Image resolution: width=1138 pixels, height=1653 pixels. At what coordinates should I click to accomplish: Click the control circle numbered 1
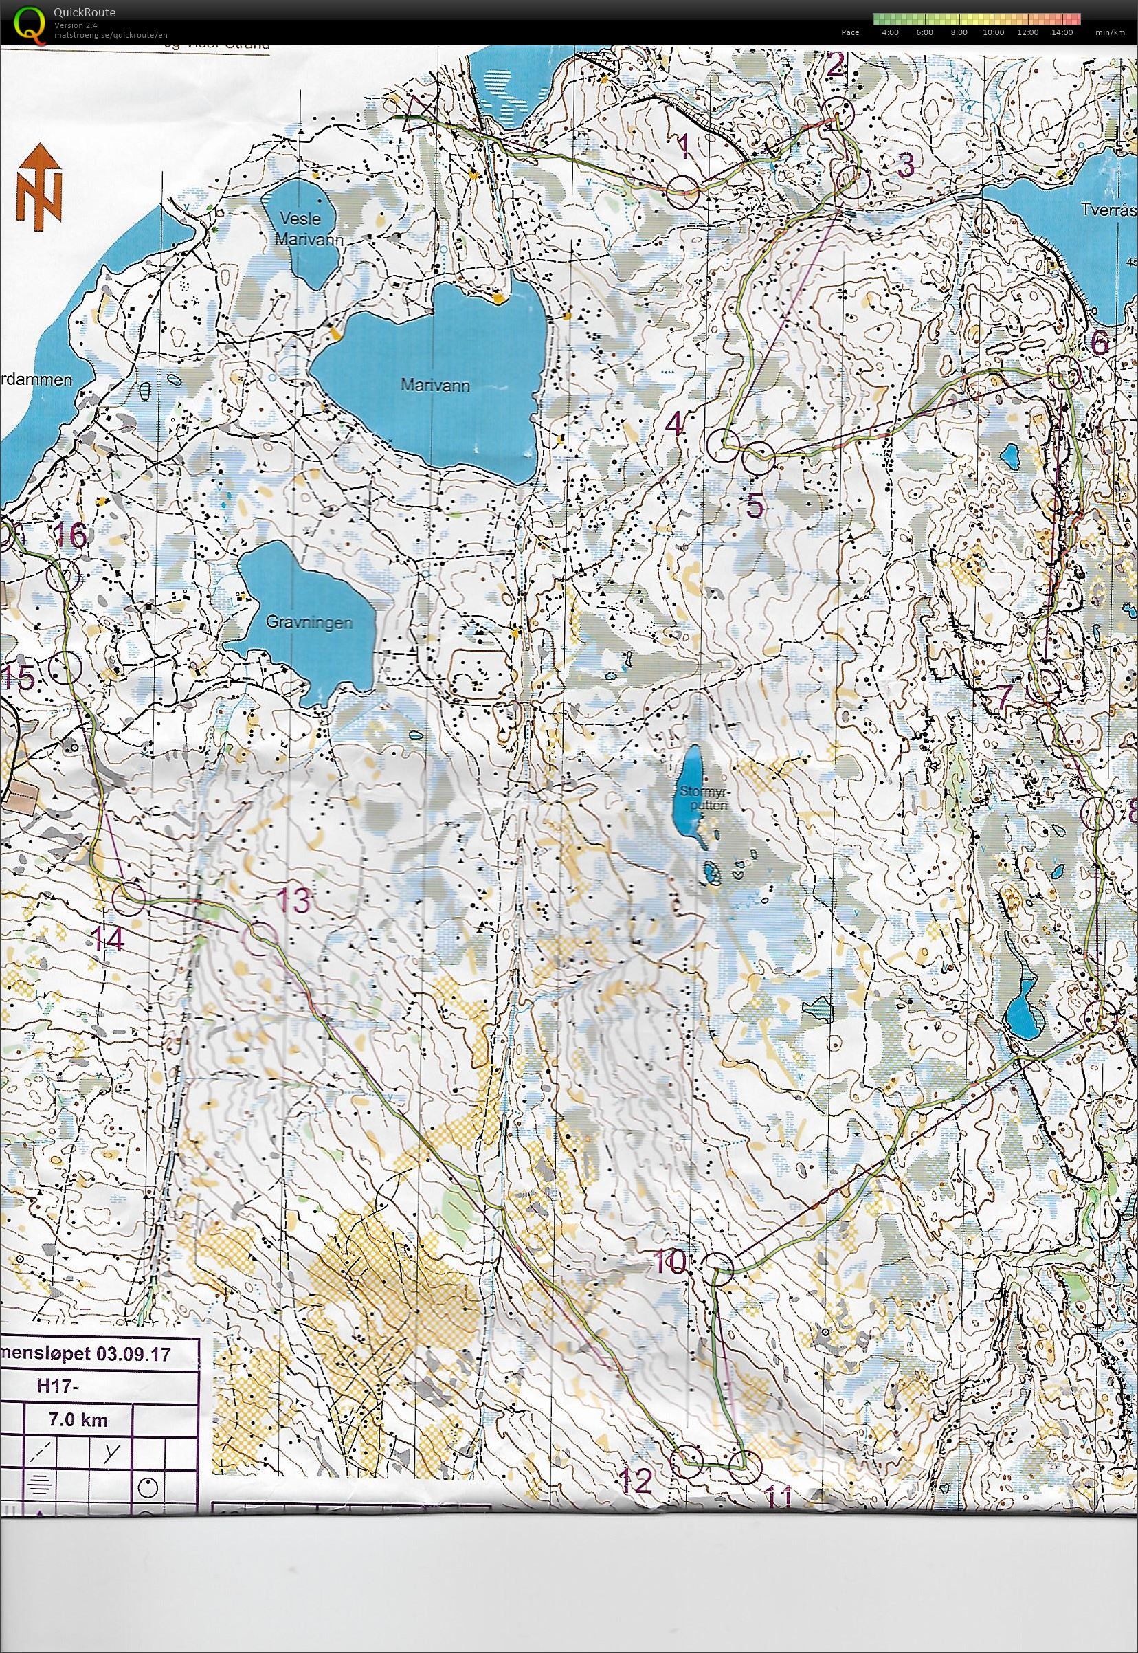pyautogui.click(x=684, y=191)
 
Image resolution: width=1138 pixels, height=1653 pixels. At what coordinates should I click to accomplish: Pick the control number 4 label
pyautogui.click(x=675, y=425)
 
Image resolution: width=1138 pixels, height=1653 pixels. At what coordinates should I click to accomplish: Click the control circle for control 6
pyautogui.click(x=1065, y=373)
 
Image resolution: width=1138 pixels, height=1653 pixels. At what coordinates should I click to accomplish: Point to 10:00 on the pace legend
pyautogui.click(x=993, y=32)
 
